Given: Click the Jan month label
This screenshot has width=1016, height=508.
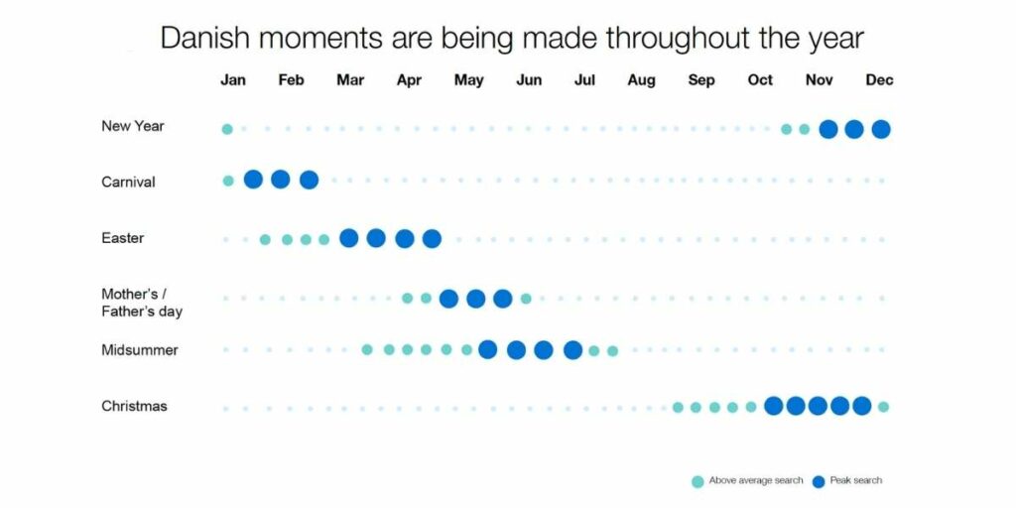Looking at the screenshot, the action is (x=232, y=79).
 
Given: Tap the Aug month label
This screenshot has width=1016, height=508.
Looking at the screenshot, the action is (x=641, y=80).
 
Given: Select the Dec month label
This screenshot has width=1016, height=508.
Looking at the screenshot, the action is (x=879, y=79).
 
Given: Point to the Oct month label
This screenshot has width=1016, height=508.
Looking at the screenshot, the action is (x=760, y=79).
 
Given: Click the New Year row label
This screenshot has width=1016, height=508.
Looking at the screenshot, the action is (x=133, y=126).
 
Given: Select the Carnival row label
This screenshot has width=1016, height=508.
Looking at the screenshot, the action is (x=128, y=183).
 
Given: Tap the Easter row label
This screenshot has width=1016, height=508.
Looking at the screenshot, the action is (x=122, y=238).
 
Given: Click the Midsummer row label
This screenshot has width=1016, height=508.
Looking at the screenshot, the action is (x=139, y=350).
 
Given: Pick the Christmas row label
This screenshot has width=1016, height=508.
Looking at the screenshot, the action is (x=134, y=406).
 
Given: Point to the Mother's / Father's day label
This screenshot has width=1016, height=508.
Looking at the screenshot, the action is (x=142, y=303).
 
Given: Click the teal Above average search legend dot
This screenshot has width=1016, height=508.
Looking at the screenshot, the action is (x=698, y=481).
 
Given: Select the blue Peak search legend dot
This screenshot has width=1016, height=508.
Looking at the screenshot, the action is (x=819, y=481).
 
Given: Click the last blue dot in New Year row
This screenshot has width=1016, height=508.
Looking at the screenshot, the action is (x=881, y=129).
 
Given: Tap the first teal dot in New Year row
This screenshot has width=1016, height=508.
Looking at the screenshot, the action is (x=227, y=129).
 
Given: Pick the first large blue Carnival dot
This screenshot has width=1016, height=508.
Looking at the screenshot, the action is (x=253, y=180).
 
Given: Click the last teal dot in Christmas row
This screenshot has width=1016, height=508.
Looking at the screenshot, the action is (x=883, y=407).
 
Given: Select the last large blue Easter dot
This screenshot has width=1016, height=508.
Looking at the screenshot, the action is (x=432, y=238).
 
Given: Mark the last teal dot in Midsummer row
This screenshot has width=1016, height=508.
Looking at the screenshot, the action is (x=612, y=351).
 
